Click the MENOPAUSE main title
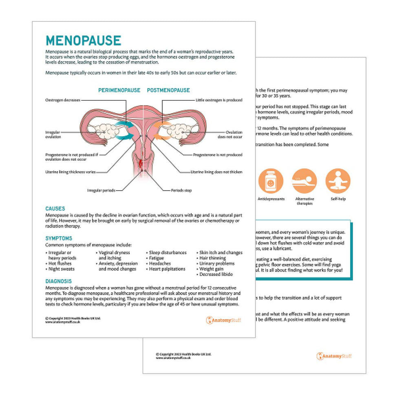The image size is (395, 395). (83, 40)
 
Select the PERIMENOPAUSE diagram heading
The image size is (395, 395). (119, 90)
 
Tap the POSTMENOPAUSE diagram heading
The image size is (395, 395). (168, 90)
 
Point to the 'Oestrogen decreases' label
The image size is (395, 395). (63, 100)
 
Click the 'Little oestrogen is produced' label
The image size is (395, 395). (219, 100)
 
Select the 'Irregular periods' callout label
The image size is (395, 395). (101, 190)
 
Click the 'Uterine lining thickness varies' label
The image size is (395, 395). (71, 172)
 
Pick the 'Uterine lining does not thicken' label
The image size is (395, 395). (216, 172)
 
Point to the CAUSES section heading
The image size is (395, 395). (55, 208)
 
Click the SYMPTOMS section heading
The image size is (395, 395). (59, 238)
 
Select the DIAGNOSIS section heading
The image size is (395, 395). (59, 281)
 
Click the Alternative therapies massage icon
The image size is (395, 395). (305, 181)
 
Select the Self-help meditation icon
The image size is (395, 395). (338, 181)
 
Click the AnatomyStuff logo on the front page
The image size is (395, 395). (223, 320)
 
